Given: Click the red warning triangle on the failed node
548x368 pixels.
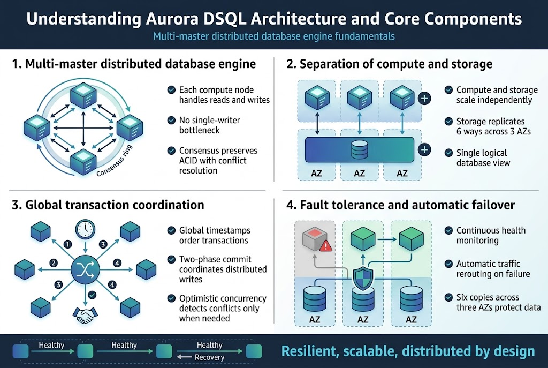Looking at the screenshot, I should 325,246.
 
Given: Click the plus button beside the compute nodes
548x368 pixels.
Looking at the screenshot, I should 424,99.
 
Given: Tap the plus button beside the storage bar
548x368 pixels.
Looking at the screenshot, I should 424,149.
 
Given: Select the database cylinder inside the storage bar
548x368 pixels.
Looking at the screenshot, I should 360,150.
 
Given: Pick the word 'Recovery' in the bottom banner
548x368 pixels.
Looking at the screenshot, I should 209,357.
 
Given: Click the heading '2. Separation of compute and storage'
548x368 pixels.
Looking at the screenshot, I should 389,64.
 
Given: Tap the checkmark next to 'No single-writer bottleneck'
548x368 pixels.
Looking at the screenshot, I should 171,121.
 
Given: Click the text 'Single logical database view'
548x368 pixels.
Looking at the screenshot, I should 483,157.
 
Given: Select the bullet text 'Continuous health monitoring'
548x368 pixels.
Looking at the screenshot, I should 491,235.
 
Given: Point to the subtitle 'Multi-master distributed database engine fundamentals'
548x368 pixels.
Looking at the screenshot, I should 273,36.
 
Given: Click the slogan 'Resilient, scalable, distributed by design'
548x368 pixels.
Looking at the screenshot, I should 408,351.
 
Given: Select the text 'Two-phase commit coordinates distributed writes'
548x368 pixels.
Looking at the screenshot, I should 223,269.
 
